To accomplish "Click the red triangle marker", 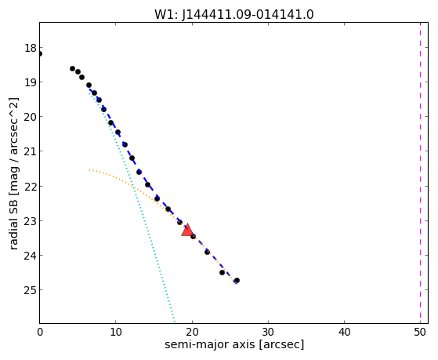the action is click(x=187, y=231).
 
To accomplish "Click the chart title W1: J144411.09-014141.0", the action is click(x=234, y=15).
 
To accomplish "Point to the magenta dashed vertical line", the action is click(x=420, y=173).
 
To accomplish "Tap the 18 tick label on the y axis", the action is click(x=31, y=48).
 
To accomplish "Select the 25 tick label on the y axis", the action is click(x=31, y=290).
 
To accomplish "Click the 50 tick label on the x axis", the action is click(x=420, y=332).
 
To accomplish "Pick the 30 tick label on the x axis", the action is click(x=268, y=332).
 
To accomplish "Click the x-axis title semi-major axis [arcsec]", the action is click(x=234, y=344).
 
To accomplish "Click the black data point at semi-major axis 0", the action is click(x=40, y=53).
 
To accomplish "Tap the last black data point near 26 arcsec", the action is click(x=237, y=280).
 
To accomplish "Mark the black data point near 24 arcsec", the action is click(x=222, y=272).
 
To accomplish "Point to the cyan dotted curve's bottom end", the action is click(x=174, y=322).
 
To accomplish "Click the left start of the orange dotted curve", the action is click(x=89, y=169).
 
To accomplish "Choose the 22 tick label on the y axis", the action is click(x=31, y=187).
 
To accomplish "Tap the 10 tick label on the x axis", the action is click(x=116, y=332).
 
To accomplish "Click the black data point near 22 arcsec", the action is click(x=207, y=252).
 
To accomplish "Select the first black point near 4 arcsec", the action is click(x=73, y=68).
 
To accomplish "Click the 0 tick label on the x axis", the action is click(x=40, y=332).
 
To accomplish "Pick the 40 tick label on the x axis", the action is click(x=344, y=332).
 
